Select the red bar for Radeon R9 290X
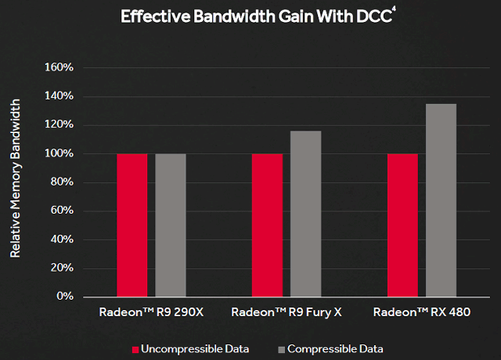[132, 225]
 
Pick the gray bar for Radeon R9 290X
[171, 225]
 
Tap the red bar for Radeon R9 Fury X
[267, 225]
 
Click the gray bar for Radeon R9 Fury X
[306, 214]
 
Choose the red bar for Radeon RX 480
[402, 225]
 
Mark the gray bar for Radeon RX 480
[442, 200]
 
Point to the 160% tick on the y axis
[59, 67]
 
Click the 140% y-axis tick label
[59, 96]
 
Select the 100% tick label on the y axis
[59, 153]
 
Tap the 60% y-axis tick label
[61, 211]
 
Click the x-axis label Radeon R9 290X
[151, 312]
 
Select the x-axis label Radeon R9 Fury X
[287, 312]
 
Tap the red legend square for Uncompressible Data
[135, 348]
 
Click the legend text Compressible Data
[335, 348]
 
